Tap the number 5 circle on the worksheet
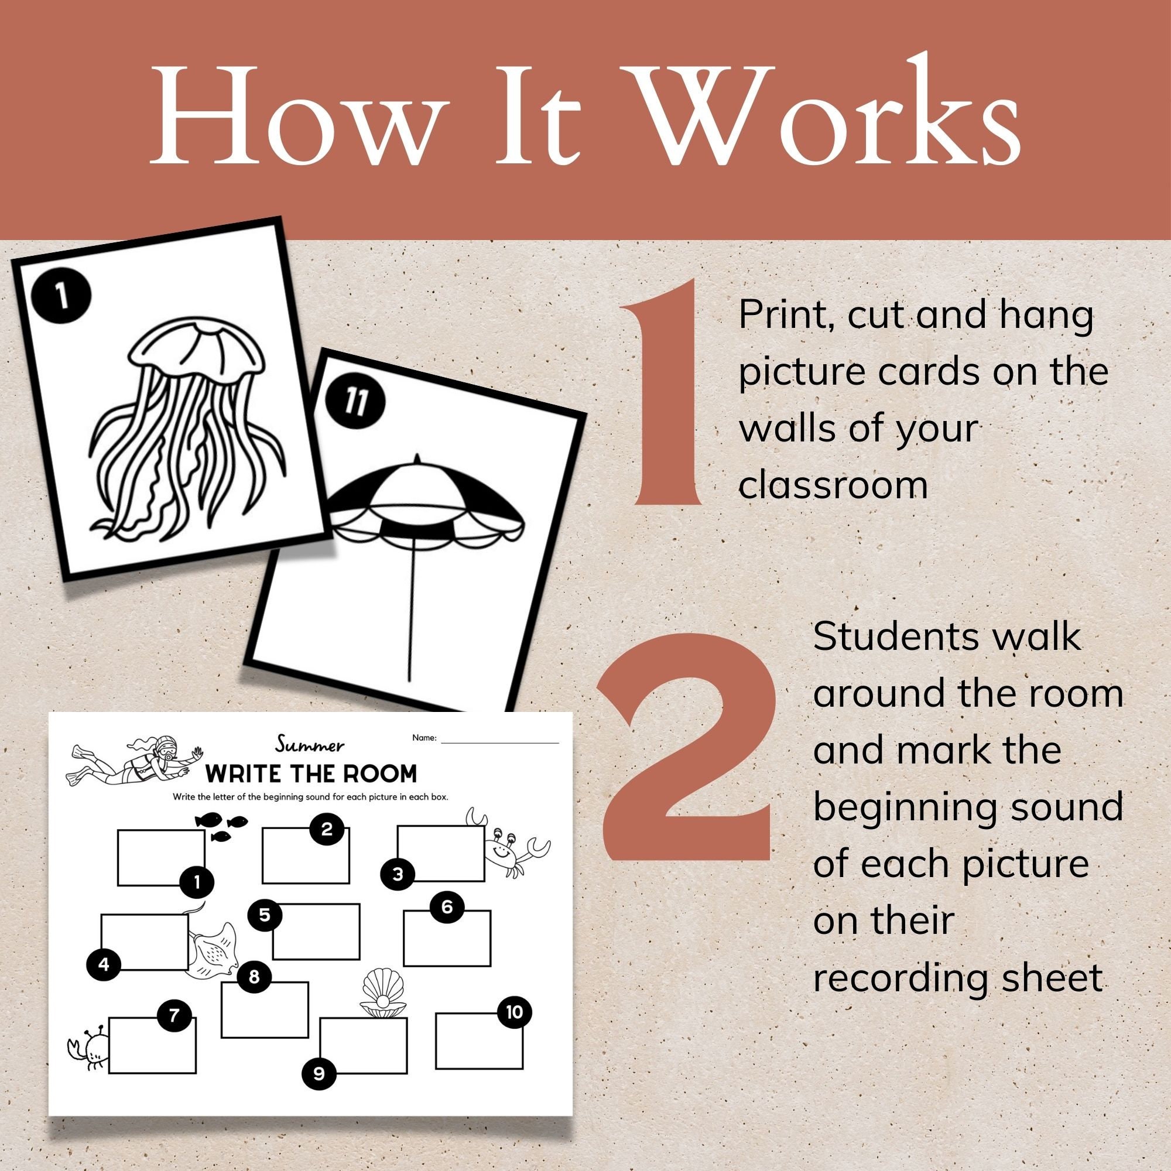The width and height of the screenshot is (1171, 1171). [264, 915]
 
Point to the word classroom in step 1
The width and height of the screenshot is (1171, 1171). [833, 485]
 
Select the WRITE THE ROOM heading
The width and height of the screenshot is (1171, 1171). [311, 774]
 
